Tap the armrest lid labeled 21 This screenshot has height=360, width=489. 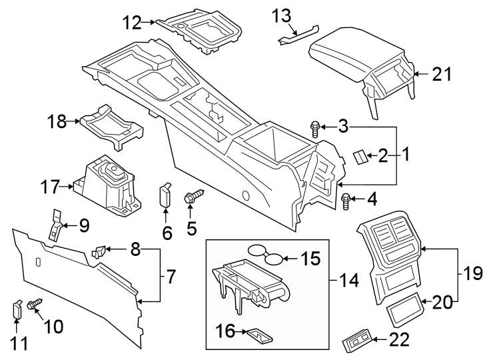pos(360,57)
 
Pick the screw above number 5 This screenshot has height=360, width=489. pos(194,196)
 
